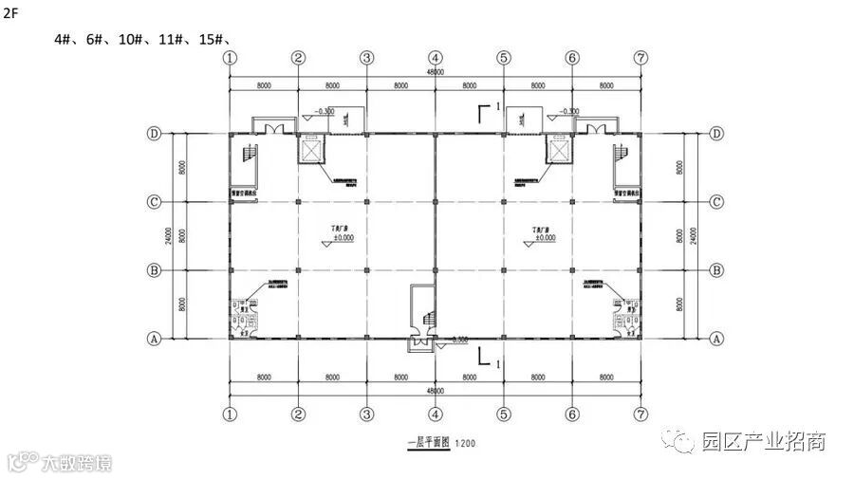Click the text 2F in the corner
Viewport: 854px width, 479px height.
point(12,13)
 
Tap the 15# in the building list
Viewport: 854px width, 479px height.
point(212,39)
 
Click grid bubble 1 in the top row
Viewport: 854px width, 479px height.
point(229,58)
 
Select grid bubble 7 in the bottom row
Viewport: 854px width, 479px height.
point(641,415)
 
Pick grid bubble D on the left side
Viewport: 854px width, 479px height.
point(155,134)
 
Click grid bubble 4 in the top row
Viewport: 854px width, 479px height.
point(435,58)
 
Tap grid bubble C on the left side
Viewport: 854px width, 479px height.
point(155,201)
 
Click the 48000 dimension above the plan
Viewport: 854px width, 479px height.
point(436,72)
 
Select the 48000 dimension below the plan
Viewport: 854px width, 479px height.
point(436,391)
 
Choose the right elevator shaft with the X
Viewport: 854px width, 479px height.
point(559,151)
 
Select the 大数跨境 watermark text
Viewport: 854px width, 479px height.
point(77,465)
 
